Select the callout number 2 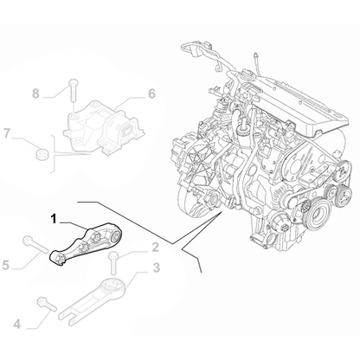155,247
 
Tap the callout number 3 156,268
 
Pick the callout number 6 151,93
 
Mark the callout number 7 8,133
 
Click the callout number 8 35,92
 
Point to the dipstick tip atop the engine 260,54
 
